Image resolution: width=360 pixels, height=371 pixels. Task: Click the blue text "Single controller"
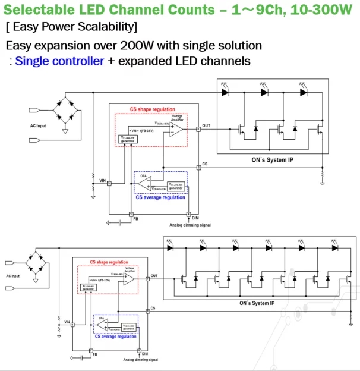pos(60,61)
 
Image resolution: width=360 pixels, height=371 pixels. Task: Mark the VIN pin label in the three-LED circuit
pos(102,180)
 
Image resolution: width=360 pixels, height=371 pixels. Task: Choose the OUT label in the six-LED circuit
pos(154,276)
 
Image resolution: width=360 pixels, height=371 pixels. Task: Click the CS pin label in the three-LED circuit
pos(205,163)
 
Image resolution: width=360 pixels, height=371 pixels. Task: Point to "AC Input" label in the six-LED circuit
pos(13,276)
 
